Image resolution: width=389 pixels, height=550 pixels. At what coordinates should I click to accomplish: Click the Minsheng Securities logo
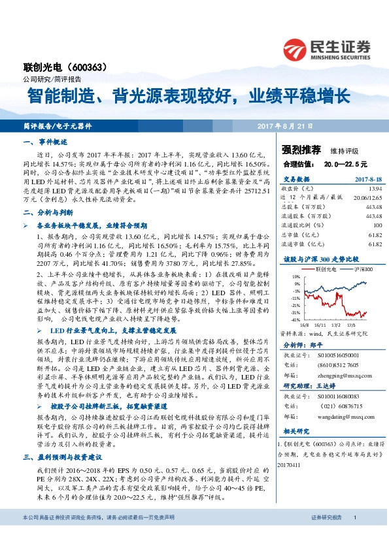pos(327,50)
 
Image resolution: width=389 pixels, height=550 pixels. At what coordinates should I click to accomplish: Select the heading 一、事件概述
pos(45,141)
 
